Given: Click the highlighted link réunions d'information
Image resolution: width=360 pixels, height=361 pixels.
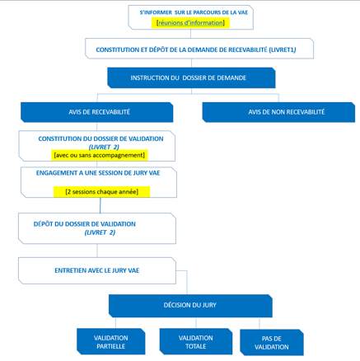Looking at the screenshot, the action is (x=190, y=23).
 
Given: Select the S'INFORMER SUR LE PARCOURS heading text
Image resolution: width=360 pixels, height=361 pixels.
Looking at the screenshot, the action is (x=194, y=12).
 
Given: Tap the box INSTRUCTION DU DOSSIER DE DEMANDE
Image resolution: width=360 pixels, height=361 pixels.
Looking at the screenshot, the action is (x=191, y=78).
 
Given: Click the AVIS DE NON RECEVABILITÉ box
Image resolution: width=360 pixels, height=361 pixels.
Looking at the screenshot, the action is (x=278, y=112).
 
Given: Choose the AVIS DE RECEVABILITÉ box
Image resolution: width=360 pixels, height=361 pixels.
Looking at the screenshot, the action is (x=97, y=112).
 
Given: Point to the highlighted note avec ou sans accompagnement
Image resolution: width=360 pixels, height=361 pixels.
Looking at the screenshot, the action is (x=100, y=155).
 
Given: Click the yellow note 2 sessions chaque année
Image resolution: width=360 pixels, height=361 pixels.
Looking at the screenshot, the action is (x=102, y=192).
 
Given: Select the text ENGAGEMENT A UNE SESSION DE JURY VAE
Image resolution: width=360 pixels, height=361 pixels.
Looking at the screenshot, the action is (x=98, y=173).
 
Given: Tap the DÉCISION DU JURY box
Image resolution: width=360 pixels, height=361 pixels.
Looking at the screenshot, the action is (x=190, y=306).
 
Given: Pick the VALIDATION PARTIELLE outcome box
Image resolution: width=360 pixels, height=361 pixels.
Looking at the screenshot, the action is (x=111, y=342).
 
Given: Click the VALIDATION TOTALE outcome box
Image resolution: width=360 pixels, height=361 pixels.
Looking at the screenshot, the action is (x=196, y=342).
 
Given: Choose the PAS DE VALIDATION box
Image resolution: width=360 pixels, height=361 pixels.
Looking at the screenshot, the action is (x=272, y=343).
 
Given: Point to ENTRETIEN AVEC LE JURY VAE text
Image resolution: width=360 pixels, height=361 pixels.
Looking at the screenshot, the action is (x=97, y=270).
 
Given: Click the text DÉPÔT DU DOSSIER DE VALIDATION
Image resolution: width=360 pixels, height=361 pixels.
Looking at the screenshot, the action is (x=85, y=224).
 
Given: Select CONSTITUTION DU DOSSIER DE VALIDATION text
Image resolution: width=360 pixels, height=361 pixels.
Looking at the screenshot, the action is (x=101, y=138).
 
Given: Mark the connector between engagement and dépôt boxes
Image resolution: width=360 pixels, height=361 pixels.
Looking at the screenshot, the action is (x=101, y=205).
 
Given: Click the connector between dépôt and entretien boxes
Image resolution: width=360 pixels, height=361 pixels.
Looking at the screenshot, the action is (x=97, y=251).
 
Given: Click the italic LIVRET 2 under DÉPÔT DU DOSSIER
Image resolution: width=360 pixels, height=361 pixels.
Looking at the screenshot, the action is (x=100, y=232).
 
